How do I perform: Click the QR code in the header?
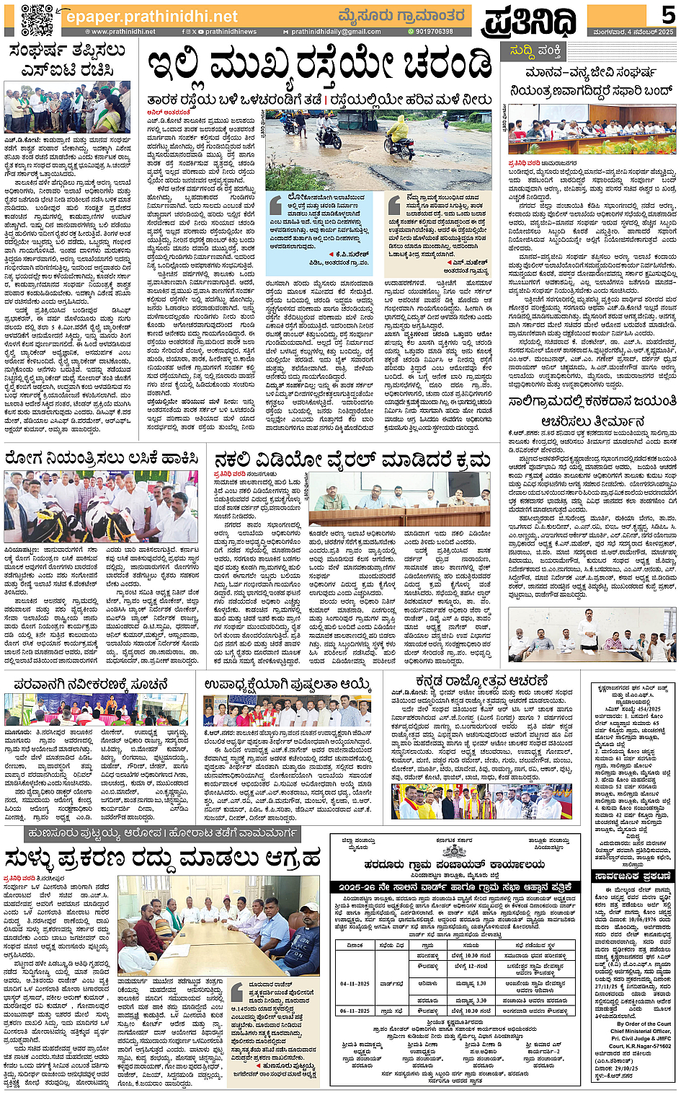(x=37, y=19)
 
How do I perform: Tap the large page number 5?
(x=667, y=14)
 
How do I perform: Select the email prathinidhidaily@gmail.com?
(x=336, y=32)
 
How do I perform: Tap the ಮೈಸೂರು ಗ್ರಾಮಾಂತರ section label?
(x=401, y=15)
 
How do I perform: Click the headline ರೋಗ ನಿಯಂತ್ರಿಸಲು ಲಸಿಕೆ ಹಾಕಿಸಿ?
(x=102, y=458)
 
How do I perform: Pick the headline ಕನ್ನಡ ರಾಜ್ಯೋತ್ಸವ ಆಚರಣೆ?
(x=482, y=682)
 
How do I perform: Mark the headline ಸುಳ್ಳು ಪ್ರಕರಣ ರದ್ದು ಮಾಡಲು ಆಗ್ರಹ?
(x=162, y=859)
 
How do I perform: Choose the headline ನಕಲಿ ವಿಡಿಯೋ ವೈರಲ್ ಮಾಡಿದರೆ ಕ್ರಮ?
(x=352, y=459)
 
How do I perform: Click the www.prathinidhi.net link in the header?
(x=123, y=32)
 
